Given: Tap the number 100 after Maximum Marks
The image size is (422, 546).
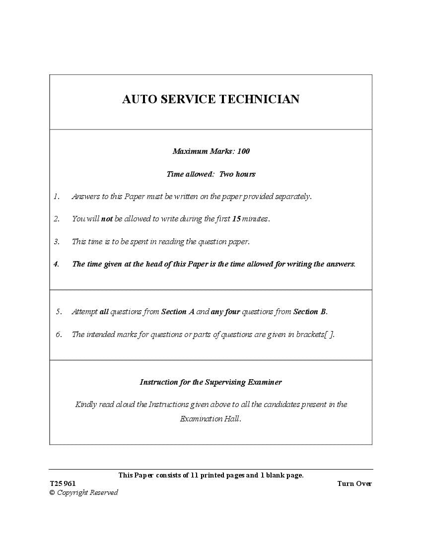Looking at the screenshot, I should click(243, 151).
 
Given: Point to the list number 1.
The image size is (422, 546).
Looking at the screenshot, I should click(57, 197).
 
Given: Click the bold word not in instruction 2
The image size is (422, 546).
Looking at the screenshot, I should click(107, 219).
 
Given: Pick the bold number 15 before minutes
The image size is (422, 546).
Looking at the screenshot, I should click(236, 219).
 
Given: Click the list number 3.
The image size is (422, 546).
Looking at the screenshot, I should click(57, 242).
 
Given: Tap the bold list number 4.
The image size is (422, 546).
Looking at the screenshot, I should click(57, 264).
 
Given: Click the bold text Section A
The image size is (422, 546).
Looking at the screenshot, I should click(178, 312).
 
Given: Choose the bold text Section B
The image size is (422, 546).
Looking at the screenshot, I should click(310, 312).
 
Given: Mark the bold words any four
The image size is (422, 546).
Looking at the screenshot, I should click(225, 312).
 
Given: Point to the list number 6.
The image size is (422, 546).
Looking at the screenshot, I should click(59, 335).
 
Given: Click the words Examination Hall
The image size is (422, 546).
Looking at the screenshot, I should click(210, 419).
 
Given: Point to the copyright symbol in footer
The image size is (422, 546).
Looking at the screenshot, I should click(52, 493).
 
